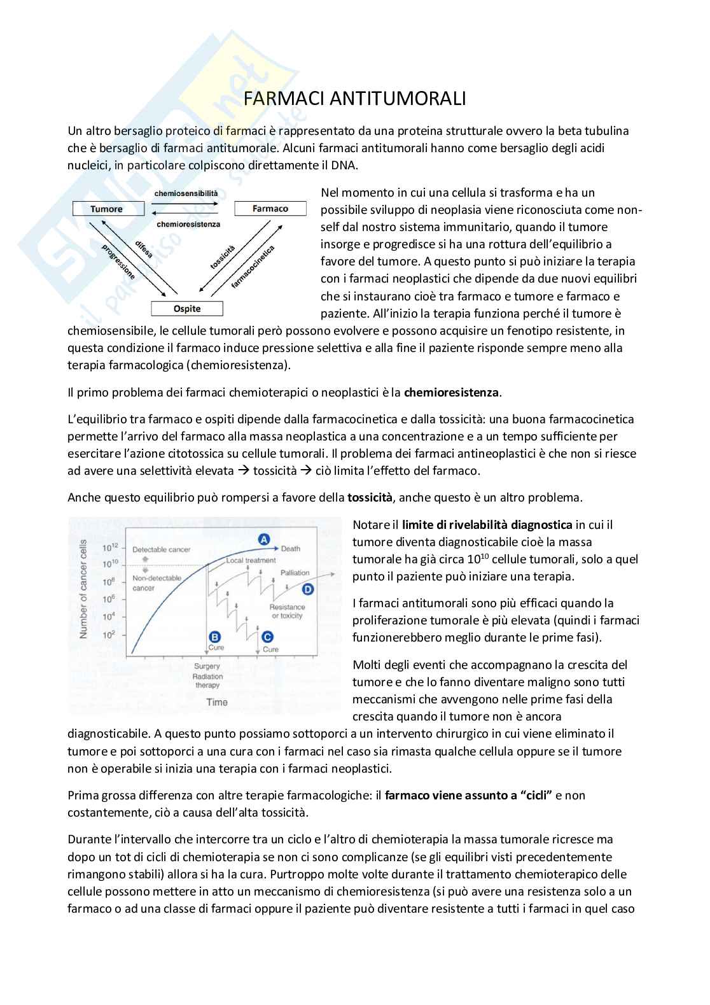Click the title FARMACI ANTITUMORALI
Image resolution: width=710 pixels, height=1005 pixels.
(355, 99)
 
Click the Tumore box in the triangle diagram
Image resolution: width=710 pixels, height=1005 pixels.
(107, 209)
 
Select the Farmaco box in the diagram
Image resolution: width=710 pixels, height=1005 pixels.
(270, 209)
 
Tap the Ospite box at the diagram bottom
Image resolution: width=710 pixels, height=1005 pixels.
(187, 309)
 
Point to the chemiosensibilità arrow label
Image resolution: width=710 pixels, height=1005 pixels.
(186, 193)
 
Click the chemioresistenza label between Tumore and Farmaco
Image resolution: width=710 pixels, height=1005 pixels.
(188, 224)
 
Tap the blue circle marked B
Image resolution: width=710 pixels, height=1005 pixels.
(215, 636)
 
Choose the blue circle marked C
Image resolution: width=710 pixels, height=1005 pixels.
(268, 636)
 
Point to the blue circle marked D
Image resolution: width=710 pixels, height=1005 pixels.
(308, 589)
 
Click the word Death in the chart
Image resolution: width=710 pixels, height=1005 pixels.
(291, 549)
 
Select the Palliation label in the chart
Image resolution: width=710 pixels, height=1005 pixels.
(295, 573)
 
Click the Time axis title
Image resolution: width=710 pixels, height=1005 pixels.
(216, 702)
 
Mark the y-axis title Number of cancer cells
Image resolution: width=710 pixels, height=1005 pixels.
(83, 589)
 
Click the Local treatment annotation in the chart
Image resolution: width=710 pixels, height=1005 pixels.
(251, 561)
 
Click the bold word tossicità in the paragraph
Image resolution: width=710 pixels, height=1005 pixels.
(370, 498)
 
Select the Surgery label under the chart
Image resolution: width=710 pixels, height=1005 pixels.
(207, 666)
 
